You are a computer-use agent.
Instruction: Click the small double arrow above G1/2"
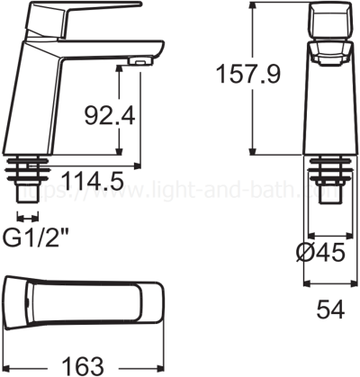(27, 216)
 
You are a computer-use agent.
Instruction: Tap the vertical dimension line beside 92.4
(142, 117)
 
